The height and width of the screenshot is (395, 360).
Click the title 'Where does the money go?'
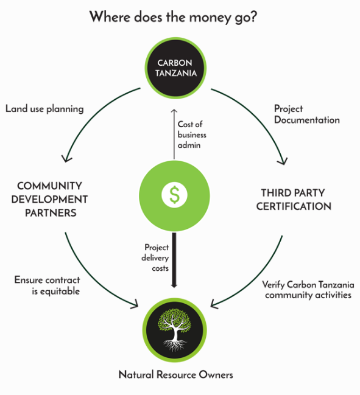(173, 18)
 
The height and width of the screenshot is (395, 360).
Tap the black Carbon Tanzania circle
(175, 68)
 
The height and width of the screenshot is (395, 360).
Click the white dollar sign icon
(174, 195)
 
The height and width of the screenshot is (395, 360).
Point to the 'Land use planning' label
(44, 109)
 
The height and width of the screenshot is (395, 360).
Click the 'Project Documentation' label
(307, 114)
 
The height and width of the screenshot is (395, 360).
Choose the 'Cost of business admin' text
(192, 135)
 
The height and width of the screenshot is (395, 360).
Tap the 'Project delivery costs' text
(155, 257)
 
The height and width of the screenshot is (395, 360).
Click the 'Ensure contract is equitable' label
(47, 285)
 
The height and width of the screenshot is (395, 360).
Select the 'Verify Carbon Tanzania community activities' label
(308, 290)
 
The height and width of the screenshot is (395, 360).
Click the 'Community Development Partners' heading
(49, 199)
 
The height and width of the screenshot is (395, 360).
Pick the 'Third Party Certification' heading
(294, 200)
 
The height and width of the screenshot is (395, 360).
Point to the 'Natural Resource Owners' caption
(175, 374)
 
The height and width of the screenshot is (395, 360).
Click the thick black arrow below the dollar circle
(174, 260)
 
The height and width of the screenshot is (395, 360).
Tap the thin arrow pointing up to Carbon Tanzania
(174, 135)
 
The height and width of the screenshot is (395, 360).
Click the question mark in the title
(253, 16)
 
